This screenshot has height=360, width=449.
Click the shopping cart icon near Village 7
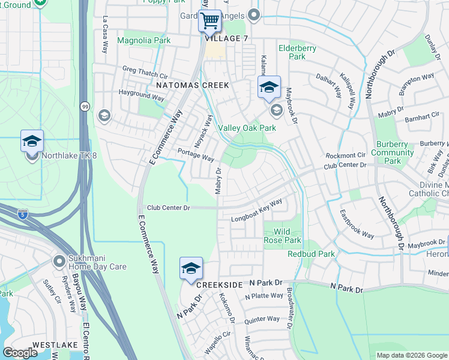tap(210, 22)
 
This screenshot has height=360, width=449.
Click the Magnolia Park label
tap(143, 41)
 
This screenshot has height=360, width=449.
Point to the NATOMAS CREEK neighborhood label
tap(192, 85)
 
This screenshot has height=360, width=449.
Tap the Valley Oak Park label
tap(247, 128)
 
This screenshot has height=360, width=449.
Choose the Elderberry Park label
tap(292, 52)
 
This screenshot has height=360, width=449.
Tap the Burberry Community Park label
tap(393, 152)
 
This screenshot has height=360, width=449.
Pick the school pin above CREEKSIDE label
tap(191, 269)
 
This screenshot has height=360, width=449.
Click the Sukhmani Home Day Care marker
tap(59, 261)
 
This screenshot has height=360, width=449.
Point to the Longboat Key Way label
tap(257, 211)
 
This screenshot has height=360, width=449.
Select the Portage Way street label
tap(196, 155)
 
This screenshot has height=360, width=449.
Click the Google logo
tap(20, 353)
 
